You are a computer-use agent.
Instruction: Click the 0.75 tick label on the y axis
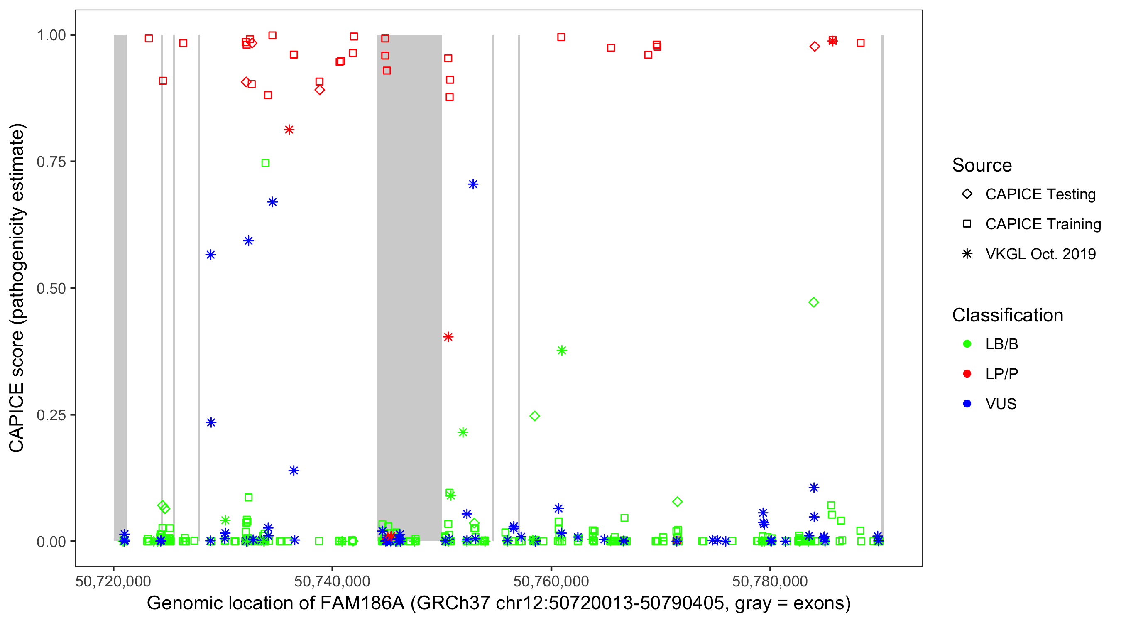click(x=51, y=162)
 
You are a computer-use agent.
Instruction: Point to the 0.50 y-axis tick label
click(x=51, y=289)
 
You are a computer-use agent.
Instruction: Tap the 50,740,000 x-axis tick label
click(x=332, y=581)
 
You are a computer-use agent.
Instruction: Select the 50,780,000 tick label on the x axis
click(x=770, y=581)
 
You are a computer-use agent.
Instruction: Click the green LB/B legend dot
click(x=967, y=344)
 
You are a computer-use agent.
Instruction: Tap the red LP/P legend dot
click(x=967, y=374)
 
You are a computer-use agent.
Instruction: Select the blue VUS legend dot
click(x=967, y=404)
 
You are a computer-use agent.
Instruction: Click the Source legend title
click(x=982, y=165)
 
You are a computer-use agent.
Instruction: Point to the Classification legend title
click(x=1007, y=315)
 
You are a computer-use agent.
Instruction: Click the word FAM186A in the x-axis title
click(x=362, y=603)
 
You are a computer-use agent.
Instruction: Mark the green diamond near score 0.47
click(x=813, y=302)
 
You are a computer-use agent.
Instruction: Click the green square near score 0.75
click(x=265, y=163)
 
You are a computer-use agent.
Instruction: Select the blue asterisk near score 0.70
click(x=473, y=184)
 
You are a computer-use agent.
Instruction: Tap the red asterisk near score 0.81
click(x=289, y=130)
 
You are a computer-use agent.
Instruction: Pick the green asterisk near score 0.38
click(x=561, y=351)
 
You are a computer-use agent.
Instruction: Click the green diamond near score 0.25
click(x=535, y=416)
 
